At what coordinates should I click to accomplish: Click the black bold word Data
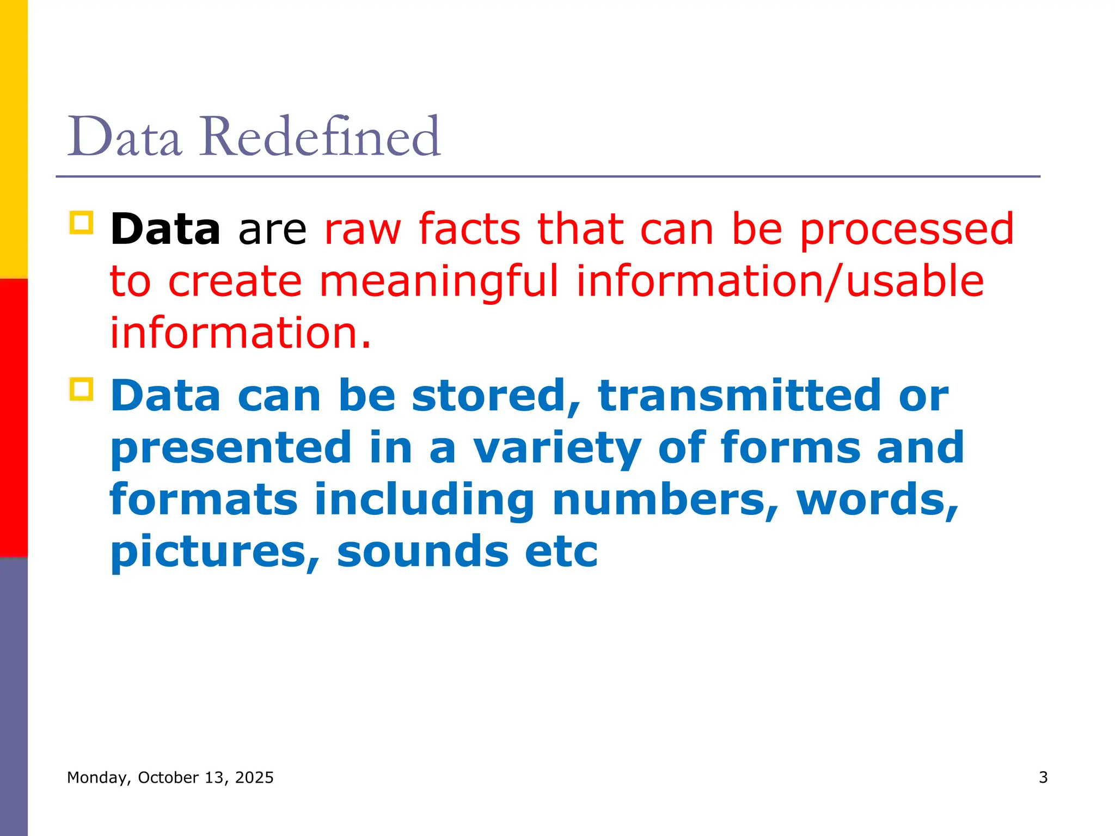pyautogui.click(x=165, y=229)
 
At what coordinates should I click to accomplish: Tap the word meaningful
pyautogui.click(x=439, y=282)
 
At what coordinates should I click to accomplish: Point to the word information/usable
pyautogui.click(x=780, y=282)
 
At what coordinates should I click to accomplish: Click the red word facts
pyautogui.click(x=469, y=229)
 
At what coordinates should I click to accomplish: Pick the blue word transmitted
pyautogui.click(x=739, y=396)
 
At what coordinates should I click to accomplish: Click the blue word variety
pyautogui.click(x=557, y=448)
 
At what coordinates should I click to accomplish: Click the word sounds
pyautogui.click(x=422, y=551)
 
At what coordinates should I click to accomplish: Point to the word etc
pyautogui.click(x=561, y=551)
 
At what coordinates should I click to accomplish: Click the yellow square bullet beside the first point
pyautogui.click(x=82, y=223)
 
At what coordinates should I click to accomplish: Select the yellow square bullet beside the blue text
pyautogui.click(x=82, y=389)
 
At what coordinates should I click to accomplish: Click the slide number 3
pyautogui.click(x=1043, y=777)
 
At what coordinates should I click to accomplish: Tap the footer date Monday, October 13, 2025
pyautogui.click(x=170, y=777)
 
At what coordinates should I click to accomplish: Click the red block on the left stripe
pyautogui.click(x=14, y=417)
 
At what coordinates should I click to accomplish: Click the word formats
pyautogui.click(x=204, y=500)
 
